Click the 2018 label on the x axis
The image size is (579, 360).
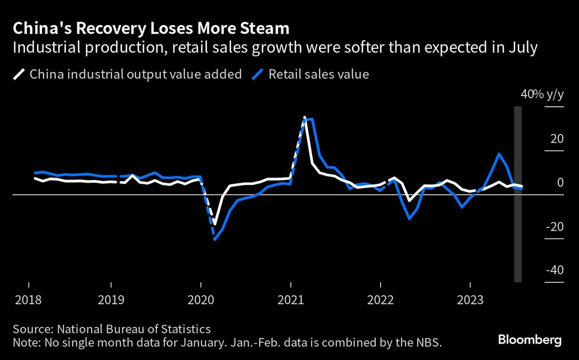point(28,300)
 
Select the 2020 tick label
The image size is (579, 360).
point(201,300)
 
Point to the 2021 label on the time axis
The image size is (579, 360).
point(291,300)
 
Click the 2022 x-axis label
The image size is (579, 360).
point(381,300)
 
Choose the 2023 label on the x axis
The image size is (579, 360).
point(471,300)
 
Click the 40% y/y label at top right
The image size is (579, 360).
point(542,95)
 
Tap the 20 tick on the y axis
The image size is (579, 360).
point(557,139)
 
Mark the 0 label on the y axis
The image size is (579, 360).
point(560,182)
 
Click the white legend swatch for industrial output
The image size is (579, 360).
point(18,75)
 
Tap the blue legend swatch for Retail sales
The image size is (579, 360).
point(258,75)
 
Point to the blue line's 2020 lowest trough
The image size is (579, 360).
point(215,239)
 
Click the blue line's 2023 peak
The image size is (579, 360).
point(498,154)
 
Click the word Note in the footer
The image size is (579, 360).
point(27,343)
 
